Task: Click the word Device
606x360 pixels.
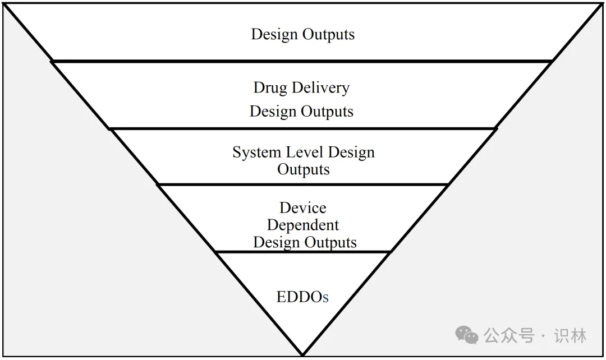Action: pyautogui.click(x=303, y=208)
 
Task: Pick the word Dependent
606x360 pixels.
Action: pyautogui.click(x=303, y=225)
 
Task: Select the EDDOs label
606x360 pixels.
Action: pyautogui.click(x=302, y=297)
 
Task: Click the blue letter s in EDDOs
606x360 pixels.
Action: pyautogui.click(x=325, y=298)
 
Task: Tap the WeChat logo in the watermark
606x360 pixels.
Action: pyautogui.click(x=467, y=335)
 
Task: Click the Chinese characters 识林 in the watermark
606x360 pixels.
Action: pyautogui.click(x=570, y=335)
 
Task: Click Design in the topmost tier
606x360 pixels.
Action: pyautogui.click(x=274, y=34)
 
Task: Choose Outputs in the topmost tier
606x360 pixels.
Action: pyautogui.click(x=329, y=34)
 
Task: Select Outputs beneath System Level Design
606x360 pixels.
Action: pyautogui.click(x=303, y=169)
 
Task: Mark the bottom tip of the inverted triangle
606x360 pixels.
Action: pyautogui.click(x=303, y=354)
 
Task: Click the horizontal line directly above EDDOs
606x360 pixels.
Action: pyautogui.click(x=303, y=252)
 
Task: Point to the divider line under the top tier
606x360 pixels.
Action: pyautogui.click(x=303, y=61)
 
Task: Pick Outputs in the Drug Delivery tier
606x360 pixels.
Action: pyautogui.click(x=328, y=112)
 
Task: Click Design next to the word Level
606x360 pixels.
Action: pyautogui.click(x=352, y=153)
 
